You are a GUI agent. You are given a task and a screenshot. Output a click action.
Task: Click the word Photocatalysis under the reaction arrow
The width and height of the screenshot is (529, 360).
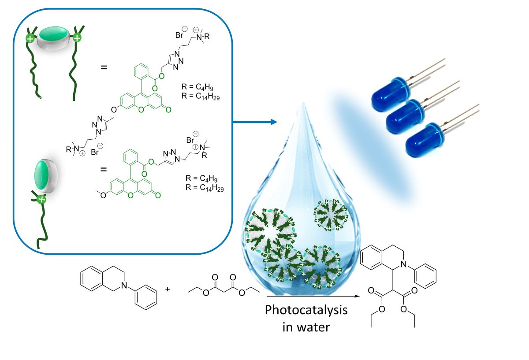point(306,310)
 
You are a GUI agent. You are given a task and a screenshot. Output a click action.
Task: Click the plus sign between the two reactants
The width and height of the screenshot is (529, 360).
point(167,289)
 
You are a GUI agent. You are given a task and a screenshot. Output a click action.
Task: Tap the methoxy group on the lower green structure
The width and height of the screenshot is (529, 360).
point(103,195)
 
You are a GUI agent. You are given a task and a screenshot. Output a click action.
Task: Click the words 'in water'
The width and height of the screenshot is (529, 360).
point(306,327)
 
